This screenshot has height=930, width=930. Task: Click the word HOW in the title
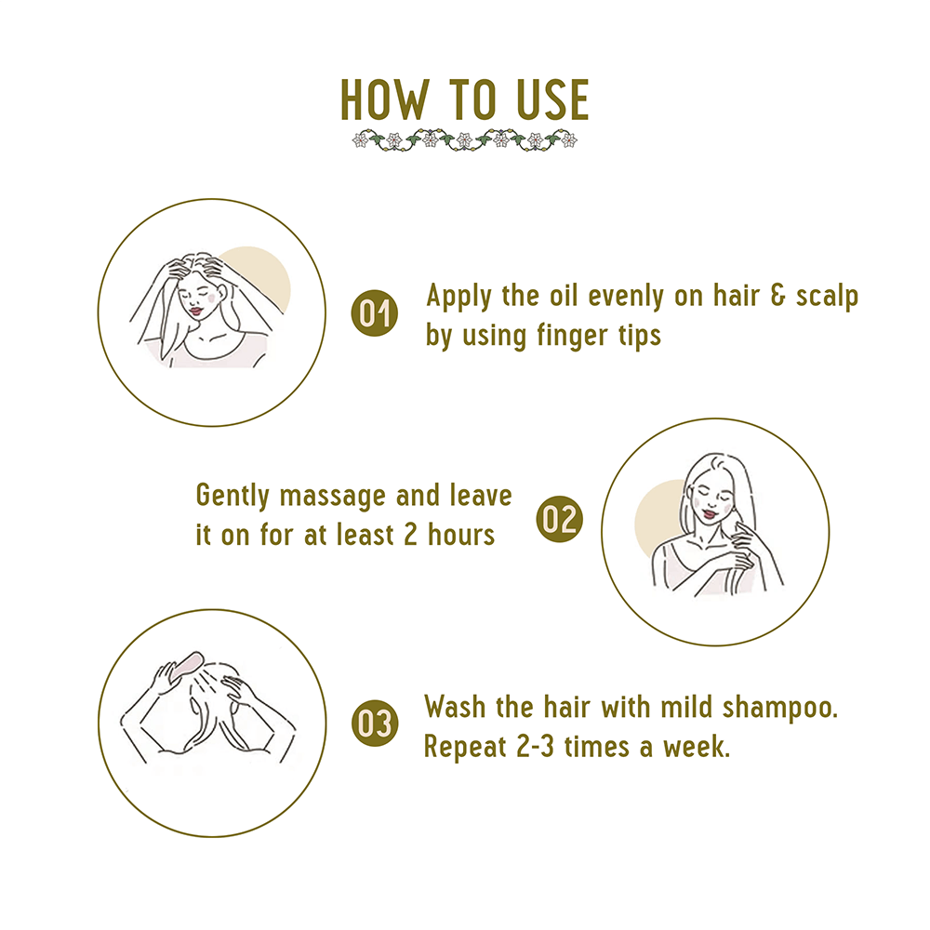click(x=384, y=100)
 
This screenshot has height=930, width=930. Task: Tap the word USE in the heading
click(x=552, y=100)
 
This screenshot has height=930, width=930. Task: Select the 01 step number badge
click(x=374, y=313)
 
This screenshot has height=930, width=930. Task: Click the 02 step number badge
click(x=559, y=519)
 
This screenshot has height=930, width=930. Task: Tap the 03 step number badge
click(x=374, y=724)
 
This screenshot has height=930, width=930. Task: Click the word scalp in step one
click(x=827, y=297)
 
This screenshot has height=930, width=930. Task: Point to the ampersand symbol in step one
click(x=777, y=296)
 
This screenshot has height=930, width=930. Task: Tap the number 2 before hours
click(x=410, y=535)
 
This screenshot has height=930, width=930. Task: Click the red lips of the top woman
click(x=195, y=311)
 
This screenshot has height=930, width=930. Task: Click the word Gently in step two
click(x=232, y=497)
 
